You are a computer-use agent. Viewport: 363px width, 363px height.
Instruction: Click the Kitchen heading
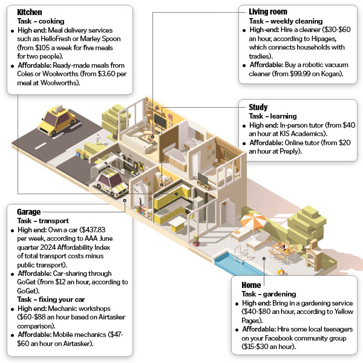30,12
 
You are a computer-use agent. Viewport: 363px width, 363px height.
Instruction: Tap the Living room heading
268,11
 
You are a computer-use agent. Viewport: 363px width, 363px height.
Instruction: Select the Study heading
258,107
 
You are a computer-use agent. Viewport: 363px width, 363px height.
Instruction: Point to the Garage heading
28,212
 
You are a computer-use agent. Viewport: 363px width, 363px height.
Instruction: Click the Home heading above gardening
251,285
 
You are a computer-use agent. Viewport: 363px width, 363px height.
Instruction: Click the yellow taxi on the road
57,120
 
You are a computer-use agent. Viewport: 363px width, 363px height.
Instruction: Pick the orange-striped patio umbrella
253,221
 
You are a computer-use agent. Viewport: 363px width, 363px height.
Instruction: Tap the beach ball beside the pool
281,271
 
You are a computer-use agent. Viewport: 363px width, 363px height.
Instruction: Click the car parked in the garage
112,181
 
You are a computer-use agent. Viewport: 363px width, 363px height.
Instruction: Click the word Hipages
324,39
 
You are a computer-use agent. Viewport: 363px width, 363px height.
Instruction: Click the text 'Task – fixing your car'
51,299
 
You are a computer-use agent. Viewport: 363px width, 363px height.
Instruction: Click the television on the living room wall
160,121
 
